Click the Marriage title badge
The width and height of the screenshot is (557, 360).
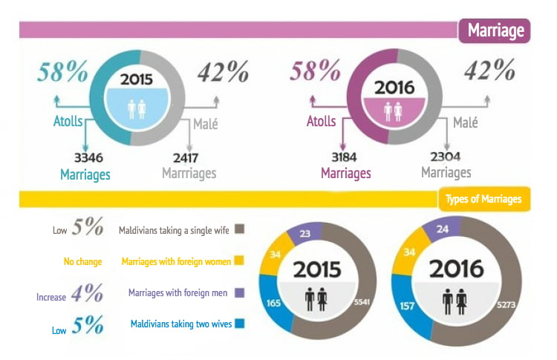coord(495,30)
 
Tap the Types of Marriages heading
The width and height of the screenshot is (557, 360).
coord(483,199)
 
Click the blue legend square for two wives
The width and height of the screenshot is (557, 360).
coord(238,324)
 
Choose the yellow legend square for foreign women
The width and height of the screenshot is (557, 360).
coord(238,261)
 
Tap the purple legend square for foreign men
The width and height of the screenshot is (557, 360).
coord(238,292)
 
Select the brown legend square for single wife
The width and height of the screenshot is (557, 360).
coord(238,229)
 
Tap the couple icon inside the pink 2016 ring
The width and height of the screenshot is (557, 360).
coord(386,110)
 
